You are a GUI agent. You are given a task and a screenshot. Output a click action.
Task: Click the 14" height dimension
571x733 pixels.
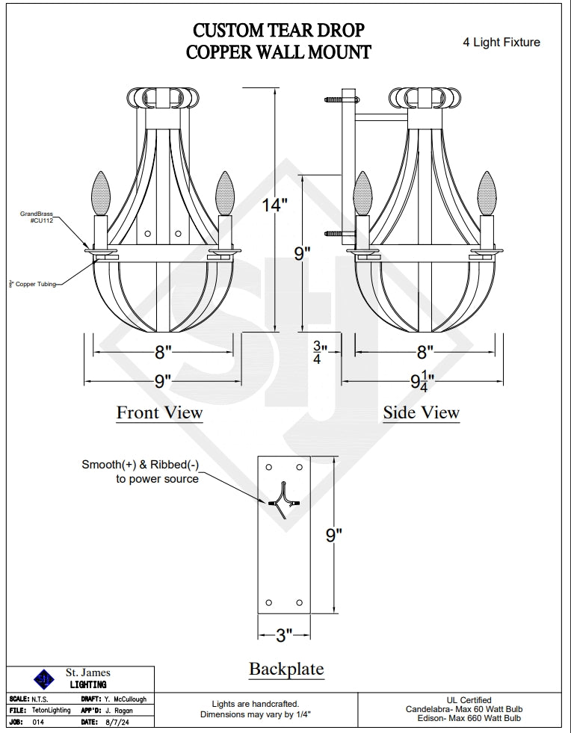click(275, 205)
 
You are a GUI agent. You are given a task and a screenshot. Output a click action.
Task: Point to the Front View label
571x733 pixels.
click(159, 412)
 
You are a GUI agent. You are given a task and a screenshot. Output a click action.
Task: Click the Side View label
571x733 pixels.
click(421, 412)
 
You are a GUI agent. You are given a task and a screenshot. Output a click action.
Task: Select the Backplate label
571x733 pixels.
click(286, 669)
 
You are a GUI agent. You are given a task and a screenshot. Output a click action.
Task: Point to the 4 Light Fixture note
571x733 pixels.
click(501, 43)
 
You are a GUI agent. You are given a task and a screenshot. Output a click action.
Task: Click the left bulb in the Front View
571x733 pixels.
click(99, 193)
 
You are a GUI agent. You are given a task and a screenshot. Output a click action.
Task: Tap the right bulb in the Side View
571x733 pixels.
click(487, 193)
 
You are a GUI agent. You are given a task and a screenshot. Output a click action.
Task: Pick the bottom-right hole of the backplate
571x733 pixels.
click(299, 602)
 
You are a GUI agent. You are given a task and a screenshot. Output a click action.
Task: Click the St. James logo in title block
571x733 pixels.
click(44, 678)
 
